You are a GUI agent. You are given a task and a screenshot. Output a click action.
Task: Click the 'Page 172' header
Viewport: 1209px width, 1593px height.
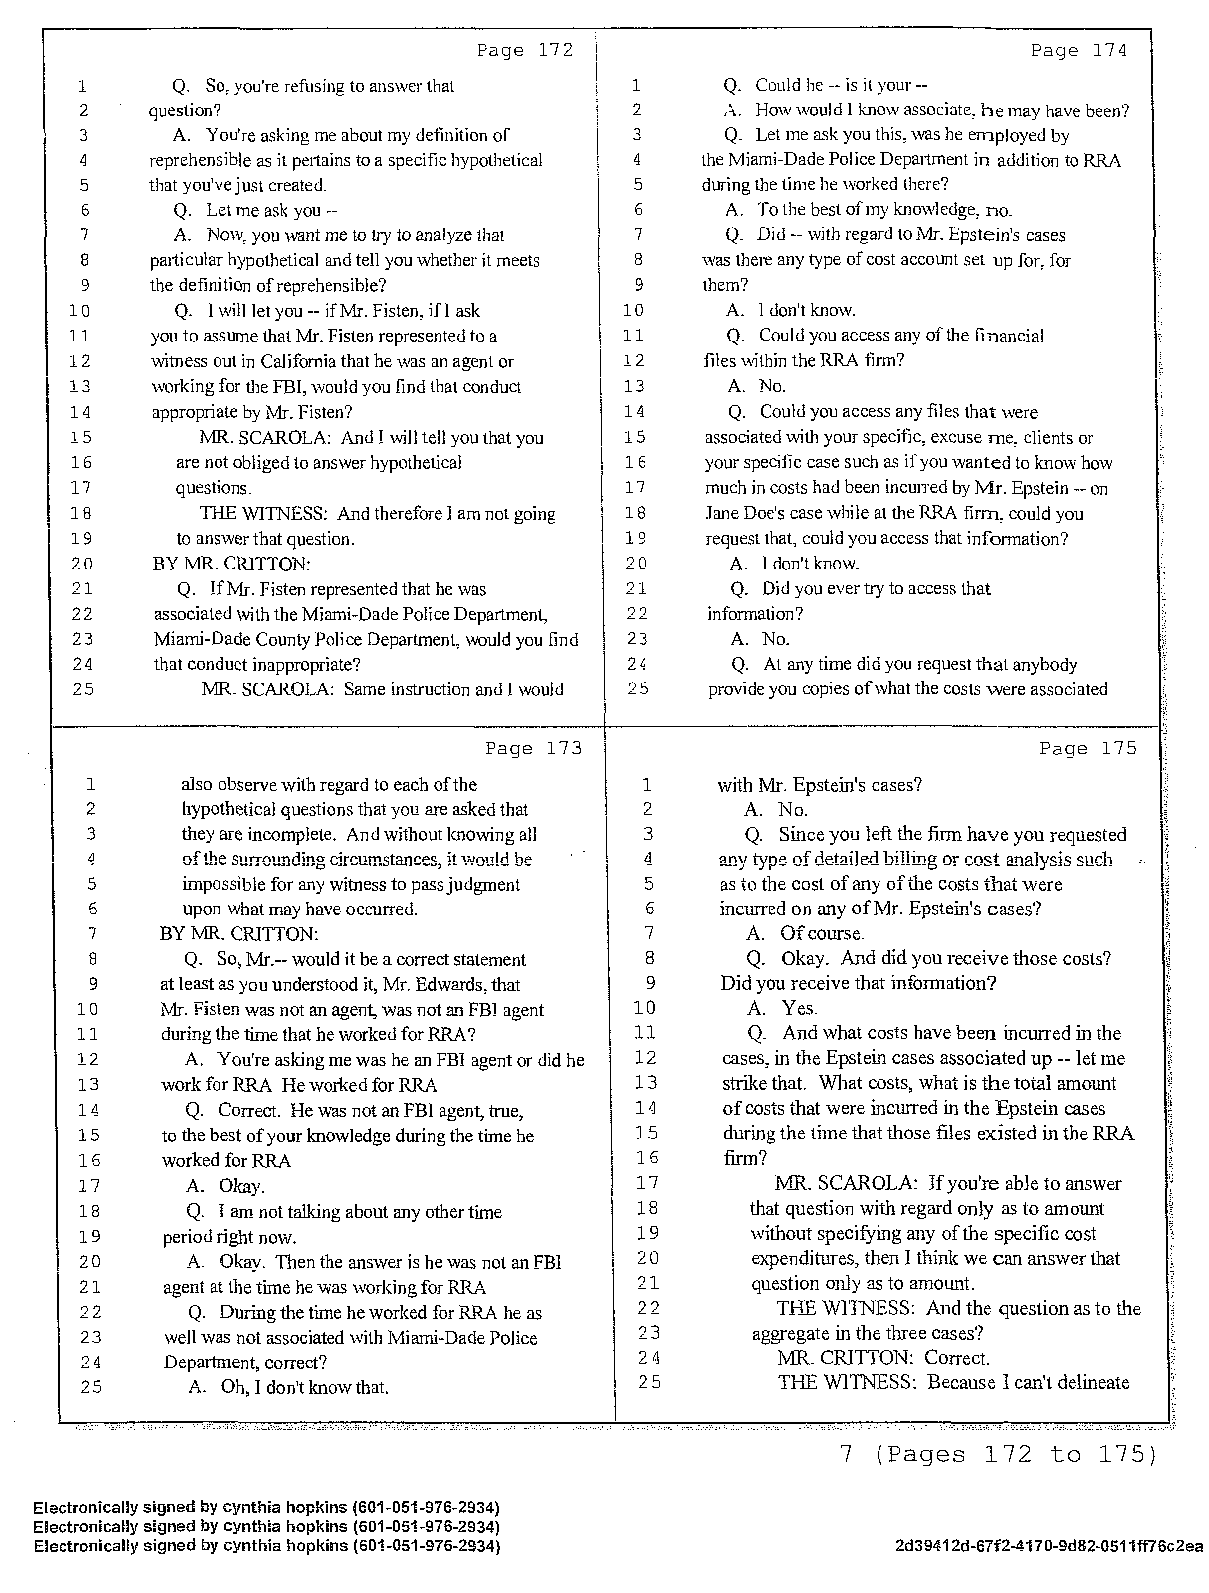pyautogui.click(x=525, y=50)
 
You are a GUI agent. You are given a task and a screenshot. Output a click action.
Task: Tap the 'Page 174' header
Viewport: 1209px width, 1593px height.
pyautogui.click(x=1079, y=50)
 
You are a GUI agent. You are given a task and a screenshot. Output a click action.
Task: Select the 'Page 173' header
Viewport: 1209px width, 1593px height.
pyautogui.click(x=534, y=749)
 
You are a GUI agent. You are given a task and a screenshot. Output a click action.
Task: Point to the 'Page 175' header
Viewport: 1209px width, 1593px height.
pyautogui.click(x=1088, y=749)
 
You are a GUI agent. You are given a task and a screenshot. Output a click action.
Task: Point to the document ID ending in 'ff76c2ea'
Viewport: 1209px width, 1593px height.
pyautogui.click(x=1049, y=1546)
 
